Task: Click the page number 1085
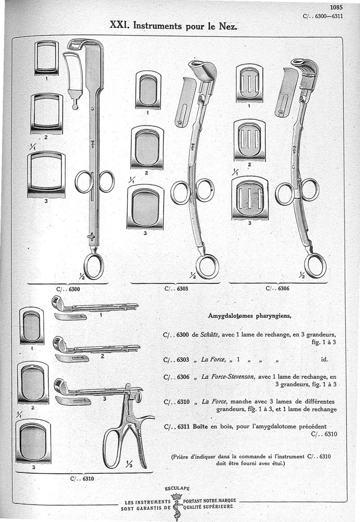click(x=336, y=7)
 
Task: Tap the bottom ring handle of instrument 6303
click(x=207, y=266)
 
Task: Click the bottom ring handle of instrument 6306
click(x=315, y=265)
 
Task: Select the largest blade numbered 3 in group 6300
click(x=46, y=175)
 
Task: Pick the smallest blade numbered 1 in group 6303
click(x=148, y=90)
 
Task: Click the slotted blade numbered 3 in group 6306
click(x=250, y=198)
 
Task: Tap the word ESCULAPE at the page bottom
click(x=177, y=488)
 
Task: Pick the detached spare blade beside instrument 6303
click(x=184, y=102)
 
